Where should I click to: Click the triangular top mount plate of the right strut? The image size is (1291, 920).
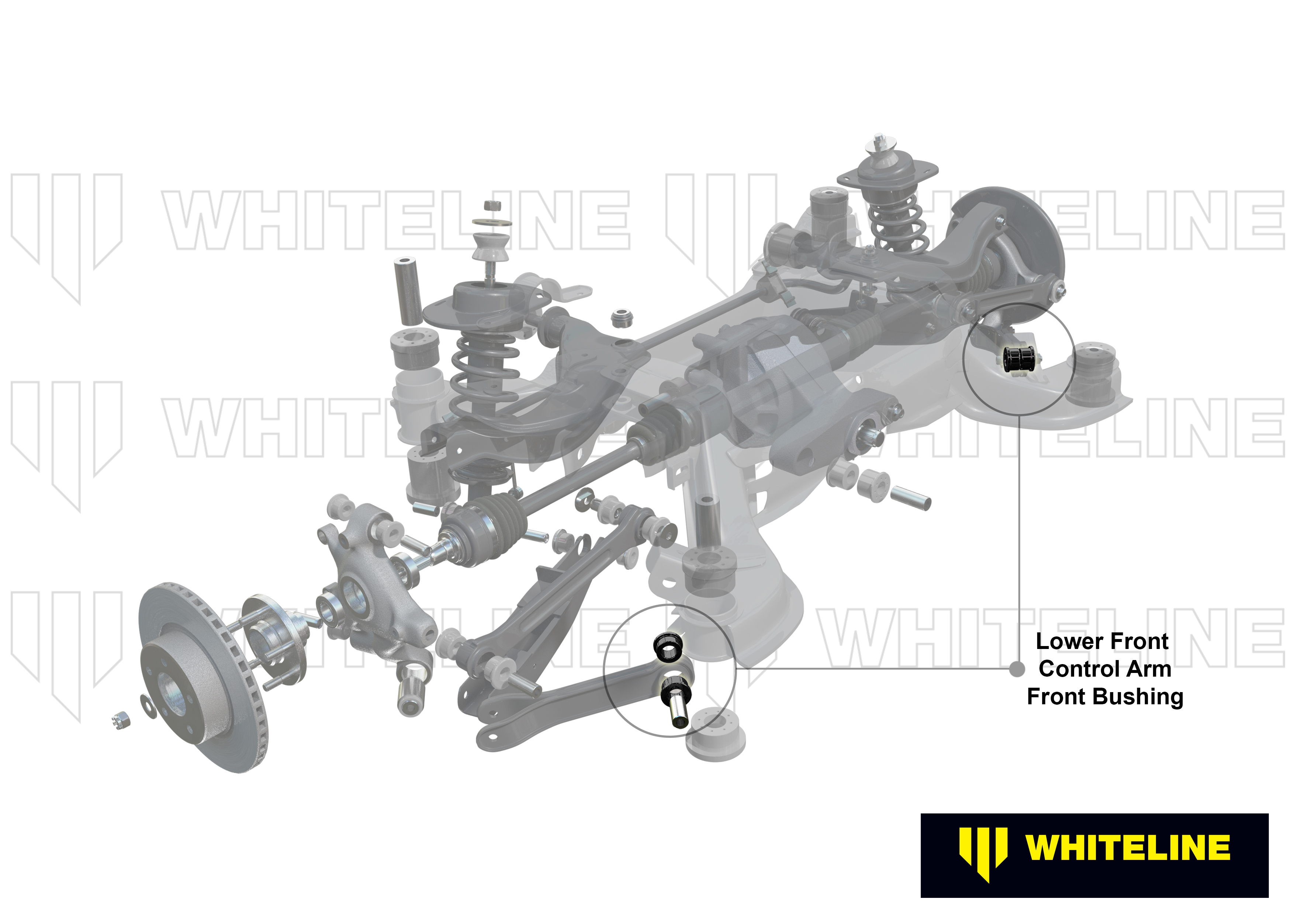(887, 173)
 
